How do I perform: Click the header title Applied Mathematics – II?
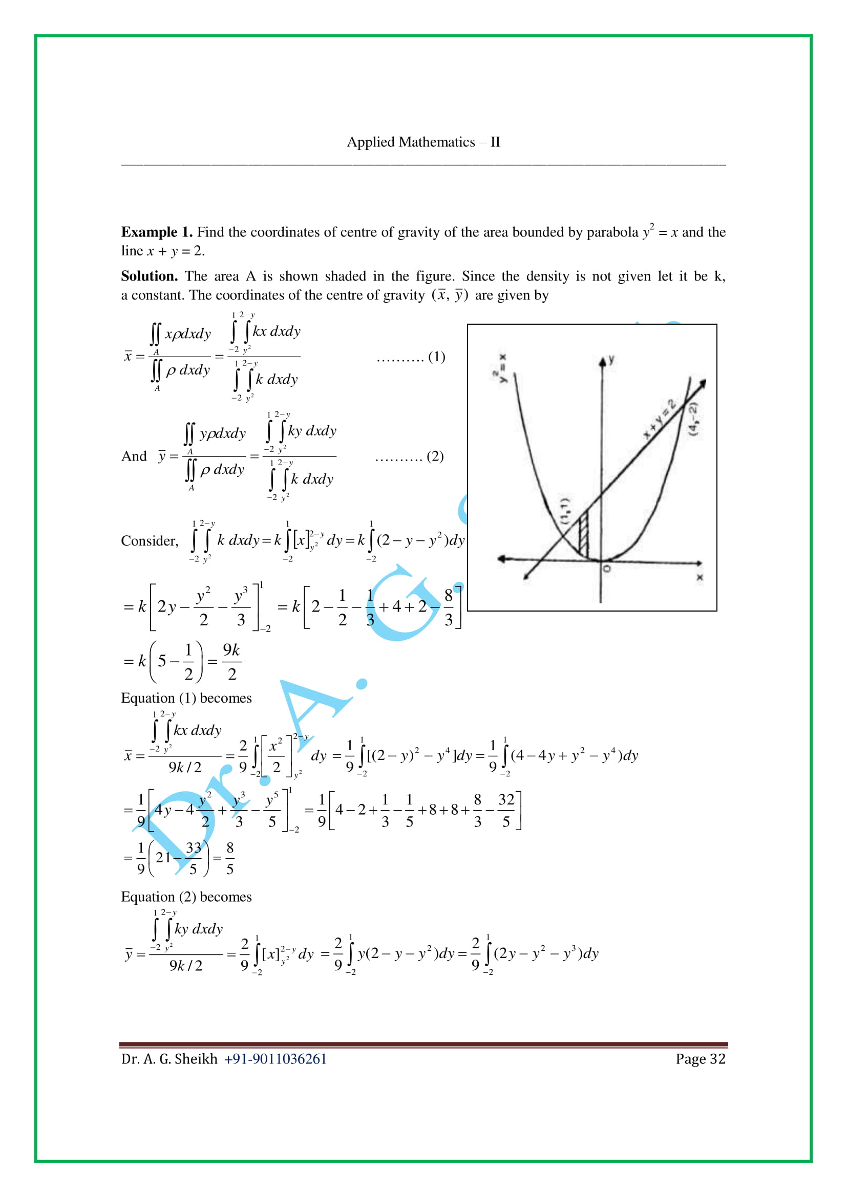click(423, 142)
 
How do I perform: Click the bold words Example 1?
click(157, 232)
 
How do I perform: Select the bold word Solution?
click(149, 276)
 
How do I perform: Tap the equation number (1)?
click(436, 357)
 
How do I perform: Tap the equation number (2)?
click(435, 456)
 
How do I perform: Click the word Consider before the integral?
click(149, 541)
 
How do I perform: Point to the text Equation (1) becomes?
click(186, 698)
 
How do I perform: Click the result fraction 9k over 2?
click(231, 662)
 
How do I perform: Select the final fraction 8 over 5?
click(229, 858)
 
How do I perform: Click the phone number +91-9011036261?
click(275, 1059)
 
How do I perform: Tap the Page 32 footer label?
click(700, 1059)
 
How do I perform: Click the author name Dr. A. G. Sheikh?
click(169, 1059)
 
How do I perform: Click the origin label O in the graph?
click(606, 568)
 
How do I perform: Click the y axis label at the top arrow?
click(611, 359)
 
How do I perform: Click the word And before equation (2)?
click(134, 456)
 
